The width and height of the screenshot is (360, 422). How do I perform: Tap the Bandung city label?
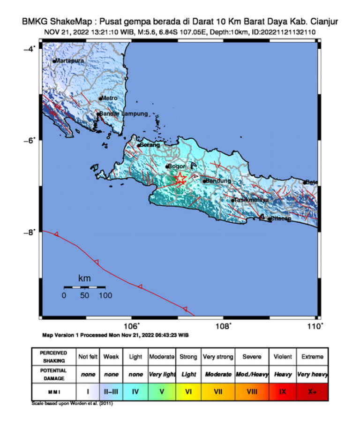(x=219, y=181)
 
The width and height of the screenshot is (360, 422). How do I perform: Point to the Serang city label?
(x=150, y=145)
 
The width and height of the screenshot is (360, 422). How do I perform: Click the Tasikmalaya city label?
(x=252, y=200)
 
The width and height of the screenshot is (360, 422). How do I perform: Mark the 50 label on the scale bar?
(x=85, y=295)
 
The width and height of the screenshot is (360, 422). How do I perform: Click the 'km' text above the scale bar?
(x=84, y=279)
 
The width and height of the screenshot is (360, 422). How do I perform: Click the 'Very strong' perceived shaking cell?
(x=218, y=357)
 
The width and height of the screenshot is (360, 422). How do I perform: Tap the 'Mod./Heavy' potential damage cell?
(x=252, y=374)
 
